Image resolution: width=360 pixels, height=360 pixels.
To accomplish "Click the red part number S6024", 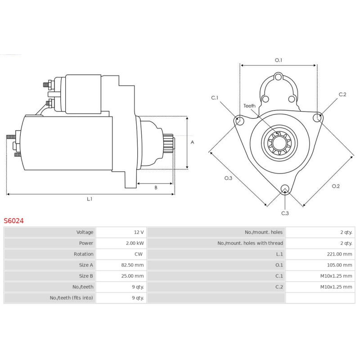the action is pyautogui.click(x=14, y=221).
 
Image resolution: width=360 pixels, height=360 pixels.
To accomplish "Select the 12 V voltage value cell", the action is pyautogui.click(x=139, y=232).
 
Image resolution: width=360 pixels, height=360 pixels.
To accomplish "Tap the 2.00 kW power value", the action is pyautogui.click(x=135, y=243).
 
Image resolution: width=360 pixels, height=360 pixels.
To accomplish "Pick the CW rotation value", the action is pyautogui.click(x=139, y=254).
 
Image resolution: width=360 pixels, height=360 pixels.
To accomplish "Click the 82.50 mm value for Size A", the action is pyautogui.click(x=132, y=265).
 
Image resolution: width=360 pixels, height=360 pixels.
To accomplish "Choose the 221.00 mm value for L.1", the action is pyautogui.click(x=340, y=254).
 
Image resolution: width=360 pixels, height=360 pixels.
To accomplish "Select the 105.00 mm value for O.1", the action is pyautogui.click(x=340, y=265).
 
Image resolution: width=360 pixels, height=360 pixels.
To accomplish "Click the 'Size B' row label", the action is pyautogui.click(x=86, y=276).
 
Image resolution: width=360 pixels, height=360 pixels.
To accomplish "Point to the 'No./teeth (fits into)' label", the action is pyautogui.click(x=72, y=298).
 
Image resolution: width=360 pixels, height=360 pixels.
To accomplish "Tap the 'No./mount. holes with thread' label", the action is pyautogui.click(x=250, y=243).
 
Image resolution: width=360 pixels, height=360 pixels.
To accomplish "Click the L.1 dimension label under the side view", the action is pyautogui.click(x=90, y=199).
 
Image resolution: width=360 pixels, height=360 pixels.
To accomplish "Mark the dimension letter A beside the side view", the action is pyautogui.click(x=193, y=142).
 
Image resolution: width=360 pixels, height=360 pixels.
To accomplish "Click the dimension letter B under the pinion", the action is pyautogui.click(x=156, y=188).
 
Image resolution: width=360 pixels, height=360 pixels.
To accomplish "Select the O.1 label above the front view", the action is pyautogui.click(x=279, y=60).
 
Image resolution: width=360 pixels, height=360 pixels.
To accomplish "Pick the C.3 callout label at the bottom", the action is pyautogui.click(x=285, y=213).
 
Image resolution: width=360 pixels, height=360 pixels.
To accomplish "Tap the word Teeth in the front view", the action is pyautogui.click(x=249, y=106).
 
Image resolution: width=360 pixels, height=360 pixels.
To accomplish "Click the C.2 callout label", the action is pyautogui.click(x=342, y=94).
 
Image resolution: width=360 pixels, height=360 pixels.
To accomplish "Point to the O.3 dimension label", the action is pyautogui.click(x=228, y=178).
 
